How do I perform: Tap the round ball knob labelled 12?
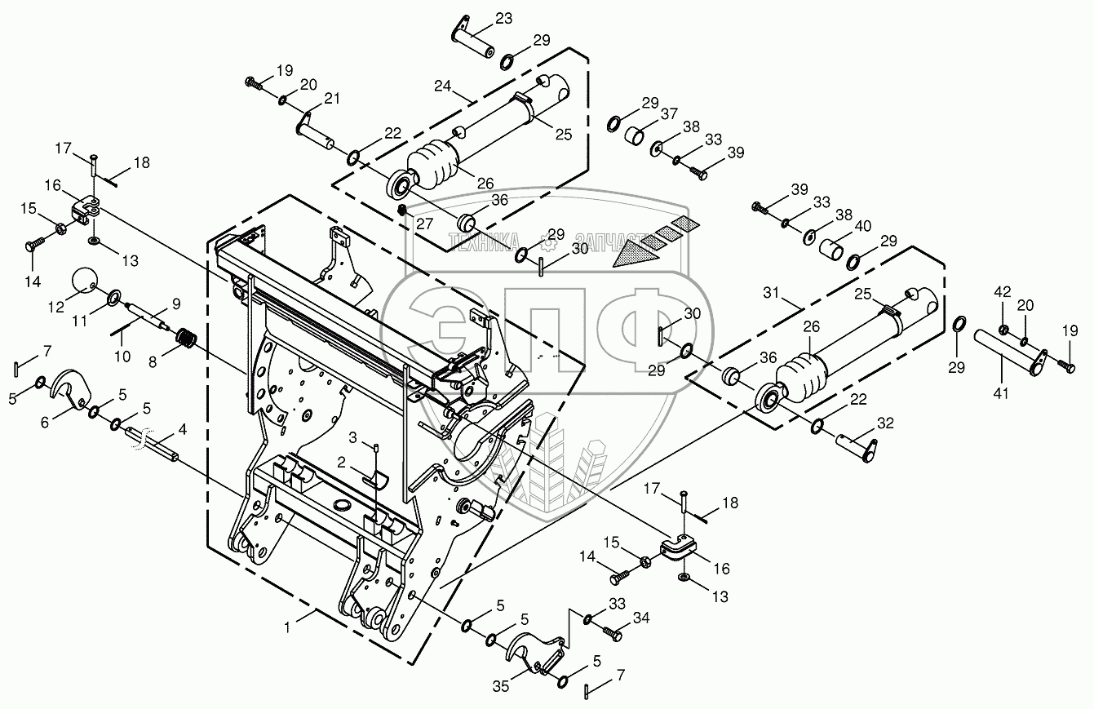(x=84, y=280)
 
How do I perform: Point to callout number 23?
(x=503, y=18)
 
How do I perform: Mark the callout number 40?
(x=863, y=226)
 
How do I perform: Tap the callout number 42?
(x=1002, y=291)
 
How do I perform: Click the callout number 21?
(x=331, y=99)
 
